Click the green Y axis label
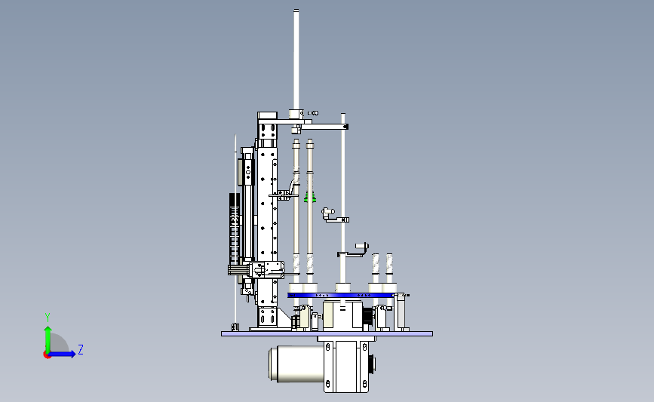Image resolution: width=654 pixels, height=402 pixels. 48,318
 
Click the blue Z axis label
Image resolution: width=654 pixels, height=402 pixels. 81,349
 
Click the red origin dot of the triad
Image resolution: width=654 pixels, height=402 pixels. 47,355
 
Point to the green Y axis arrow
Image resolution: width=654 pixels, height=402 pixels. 48,339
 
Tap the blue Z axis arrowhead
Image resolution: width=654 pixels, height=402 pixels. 72,354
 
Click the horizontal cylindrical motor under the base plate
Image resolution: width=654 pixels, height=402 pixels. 296,364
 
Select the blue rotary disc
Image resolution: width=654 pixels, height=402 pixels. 341,295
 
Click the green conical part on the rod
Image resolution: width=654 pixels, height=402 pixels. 309,197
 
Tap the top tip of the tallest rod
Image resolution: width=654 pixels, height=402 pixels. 296,10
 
